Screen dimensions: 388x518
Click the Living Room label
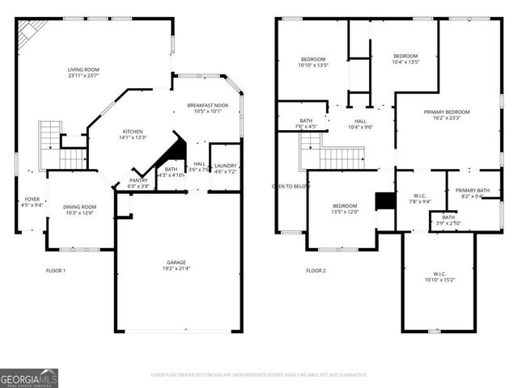point(83,70)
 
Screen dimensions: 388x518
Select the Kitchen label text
point(134,132)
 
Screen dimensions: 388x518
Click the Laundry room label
point(225,166)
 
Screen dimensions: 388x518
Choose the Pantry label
point(138,180)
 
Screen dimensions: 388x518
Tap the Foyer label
point(32,199)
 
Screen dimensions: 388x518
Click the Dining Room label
point(79,207)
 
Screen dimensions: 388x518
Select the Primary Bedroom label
point(446,112)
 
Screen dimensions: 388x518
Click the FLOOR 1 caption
point(55,271)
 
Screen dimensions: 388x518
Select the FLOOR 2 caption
point(316,271)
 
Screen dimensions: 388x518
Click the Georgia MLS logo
point(29,378)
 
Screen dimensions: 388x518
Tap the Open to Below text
point(291,186)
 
